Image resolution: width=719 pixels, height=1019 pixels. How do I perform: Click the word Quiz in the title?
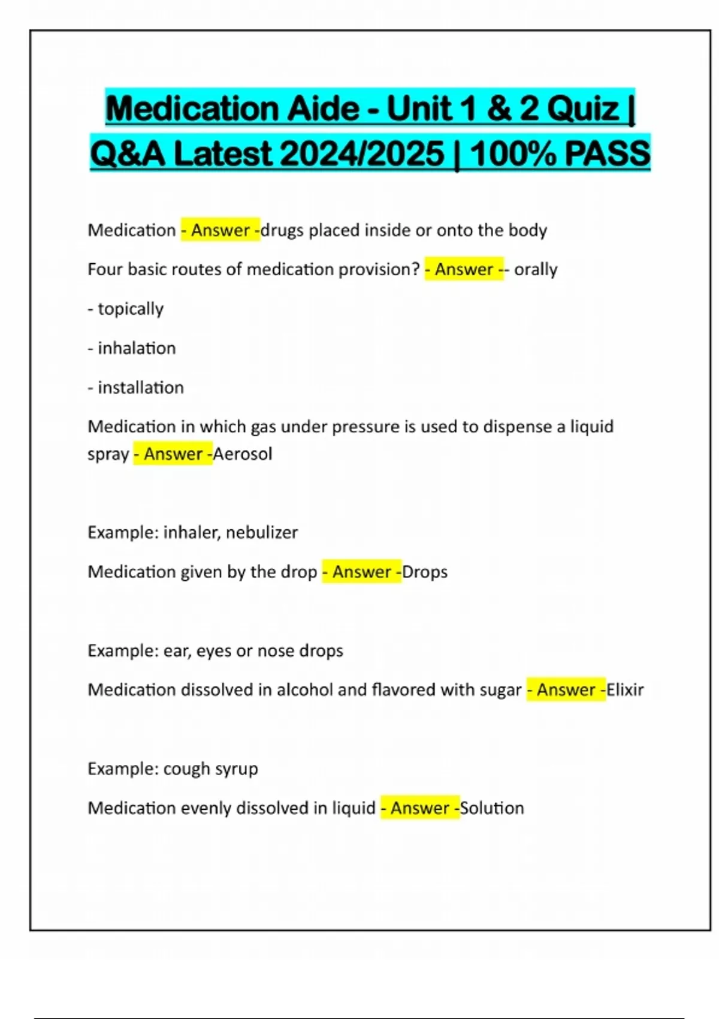[x=583, y=108]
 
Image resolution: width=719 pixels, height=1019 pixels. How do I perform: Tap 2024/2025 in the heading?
[x=362, y=154]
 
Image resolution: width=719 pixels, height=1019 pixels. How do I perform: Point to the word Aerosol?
[x=243, y=454]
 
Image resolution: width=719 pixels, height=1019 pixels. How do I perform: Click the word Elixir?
[x=625, y=690]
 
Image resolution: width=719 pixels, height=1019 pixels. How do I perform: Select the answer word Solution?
[x=492, y=808]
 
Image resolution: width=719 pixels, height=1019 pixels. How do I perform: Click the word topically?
[x=131, y=309]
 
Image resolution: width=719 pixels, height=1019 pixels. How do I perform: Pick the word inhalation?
[x=137, y=348]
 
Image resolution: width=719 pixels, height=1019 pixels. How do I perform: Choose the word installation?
[x=141, y=388]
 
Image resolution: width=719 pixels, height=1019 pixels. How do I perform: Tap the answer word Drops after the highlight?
[x=425, y=572]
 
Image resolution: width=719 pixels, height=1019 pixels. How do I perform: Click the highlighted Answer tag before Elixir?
[x=566, y=690]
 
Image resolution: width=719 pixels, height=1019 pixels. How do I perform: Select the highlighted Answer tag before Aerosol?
[x=173, y=454]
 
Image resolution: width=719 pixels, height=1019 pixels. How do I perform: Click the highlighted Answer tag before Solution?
[x=420, y=808]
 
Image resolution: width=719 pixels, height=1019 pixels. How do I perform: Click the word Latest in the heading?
[x=222, y=154]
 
